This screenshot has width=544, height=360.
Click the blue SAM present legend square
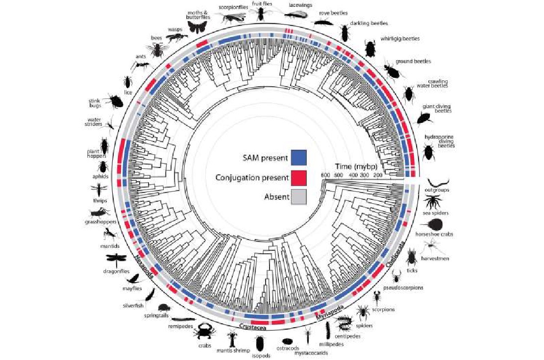click(x=298, y=157)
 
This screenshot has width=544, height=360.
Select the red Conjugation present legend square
click(x=298, y=177)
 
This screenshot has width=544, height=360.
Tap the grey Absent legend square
click(x=298, y=196)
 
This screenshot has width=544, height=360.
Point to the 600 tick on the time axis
click(x=325, y=175)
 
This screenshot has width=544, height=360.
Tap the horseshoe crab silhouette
click(x=435, y=224)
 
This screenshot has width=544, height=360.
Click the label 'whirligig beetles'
click(x=400, y=39)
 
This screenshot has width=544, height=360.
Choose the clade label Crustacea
click(x=252, y=327)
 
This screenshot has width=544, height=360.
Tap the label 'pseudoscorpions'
click(x=403, y=288)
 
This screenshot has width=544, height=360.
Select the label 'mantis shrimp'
click(x=233, y=350)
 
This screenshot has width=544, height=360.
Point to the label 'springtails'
click(x=156, y=315)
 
